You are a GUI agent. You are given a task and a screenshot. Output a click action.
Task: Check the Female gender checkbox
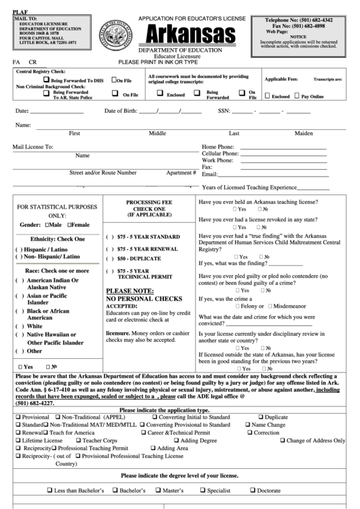68,225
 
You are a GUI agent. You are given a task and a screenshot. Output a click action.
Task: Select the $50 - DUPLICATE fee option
109,259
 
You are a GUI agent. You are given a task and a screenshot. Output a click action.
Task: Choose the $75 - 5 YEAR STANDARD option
109,236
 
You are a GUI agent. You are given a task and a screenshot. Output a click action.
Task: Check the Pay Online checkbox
297,96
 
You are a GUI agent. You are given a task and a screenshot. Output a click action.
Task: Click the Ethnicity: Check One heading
58,239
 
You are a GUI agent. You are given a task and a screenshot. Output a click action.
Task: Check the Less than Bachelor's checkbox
50,490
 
